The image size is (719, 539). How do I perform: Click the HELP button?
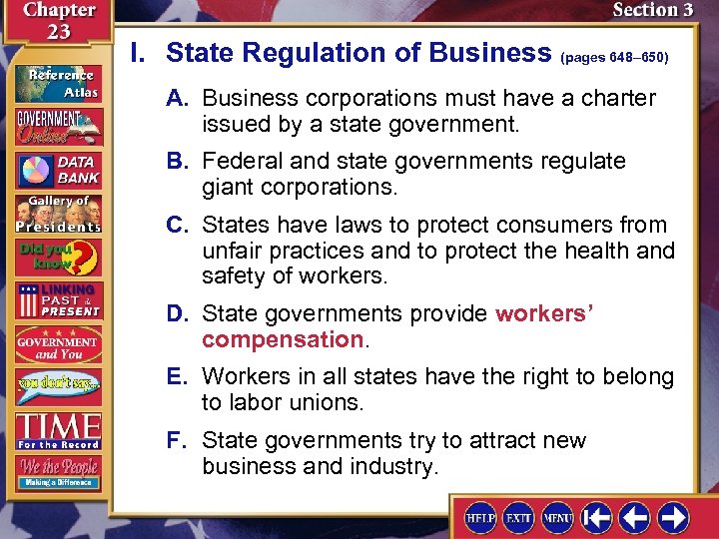click(x=480, y=517)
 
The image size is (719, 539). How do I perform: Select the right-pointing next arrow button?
click(x=672, y=517)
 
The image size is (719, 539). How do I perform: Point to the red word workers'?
click(x=544, y=314)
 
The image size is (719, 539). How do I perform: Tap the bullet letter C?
click(x=179, y=225)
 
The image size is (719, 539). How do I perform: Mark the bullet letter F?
click(x=178, y=440)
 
